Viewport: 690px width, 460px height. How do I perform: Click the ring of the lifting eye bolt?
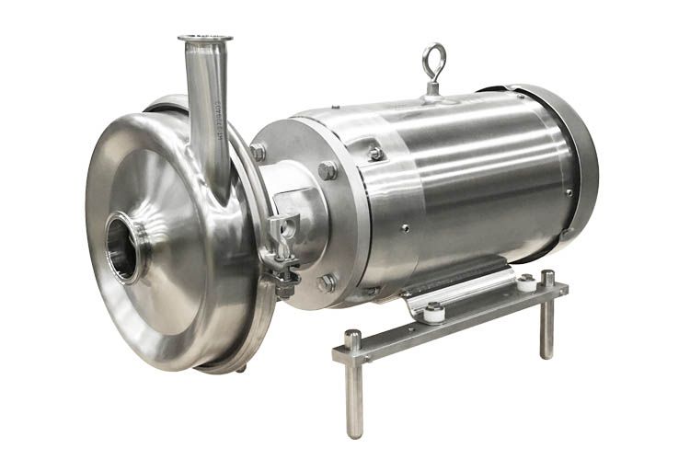pyautogui.click(x=433, y=57)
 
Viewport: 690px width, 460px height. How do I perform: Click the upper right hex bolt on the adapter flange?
pyautogui.click(x=327, y=170)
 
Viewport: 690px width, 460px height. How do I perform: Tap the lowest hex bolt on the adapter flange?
pyautogui.click(x=327, y=283)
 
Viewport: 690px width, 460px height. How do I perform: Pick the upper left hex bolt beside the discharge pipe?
pyautogui.click(x=258, y=151)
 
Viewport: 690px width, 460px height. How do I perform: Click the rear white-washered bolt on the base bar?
pyautogui.click(x=525, y=282)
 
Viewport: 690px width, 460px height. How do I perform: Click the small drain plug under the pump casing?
pyautogui.click(x=241, y=368)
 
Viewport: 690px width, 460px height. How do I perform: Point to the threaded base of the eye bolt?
pyautogui.click(x=432, y=88)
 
